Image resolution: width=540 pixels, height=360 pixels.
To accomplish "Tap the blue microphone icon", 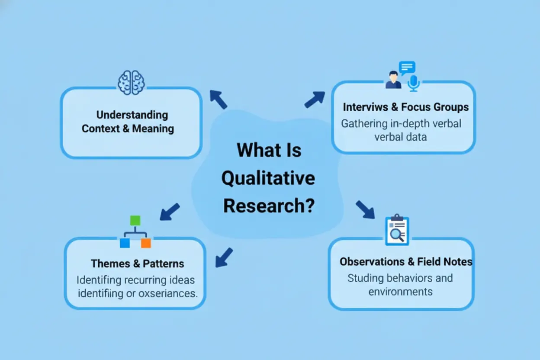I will (414, 82).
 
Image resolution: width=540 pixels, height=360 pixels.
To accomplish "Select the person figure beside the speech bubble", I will (393, 80).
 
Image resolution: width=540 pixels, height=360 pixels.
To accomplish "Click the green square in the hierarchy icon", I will (135, 221).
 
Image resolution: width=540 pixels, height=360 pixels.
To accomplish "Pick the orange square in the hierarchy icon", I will (146, 243).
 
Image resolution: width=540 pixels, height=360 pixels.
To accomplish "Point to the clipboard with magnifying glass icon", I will (397, 230).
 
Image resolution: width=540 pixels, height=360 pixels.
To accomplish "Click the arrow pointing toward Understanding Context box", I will (219, 100).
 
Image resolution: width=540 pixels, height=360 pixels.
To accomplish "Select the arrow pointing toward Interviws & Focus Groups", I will (315, 100).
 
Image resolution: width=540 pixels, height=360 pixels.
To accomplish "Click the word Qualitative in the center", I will (268, 178).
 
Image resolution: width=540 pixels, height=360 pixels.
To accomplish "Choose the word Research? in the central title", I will (268, 206).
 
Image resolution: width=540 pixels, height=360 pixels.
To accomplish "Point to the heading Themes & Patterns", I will (137, 264).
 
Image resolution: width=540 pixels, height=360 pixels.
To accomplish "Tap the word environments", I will (400, 291).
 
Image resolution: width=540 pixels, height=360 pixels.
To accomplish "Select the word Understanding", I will (132, 115).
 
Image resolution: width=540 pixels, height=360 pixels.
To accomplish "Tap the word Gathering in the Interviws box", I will (364, 123).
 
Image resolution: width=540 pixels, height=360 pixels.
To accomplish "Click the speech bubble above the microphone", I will (407, 67).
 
